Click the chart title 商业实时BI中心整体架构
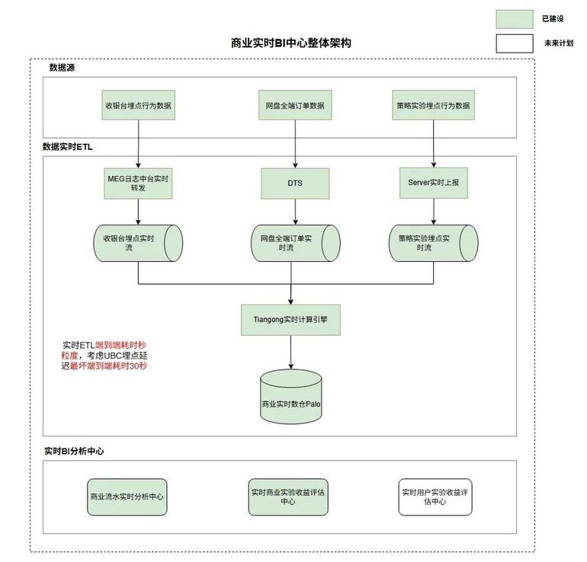click(291, 43)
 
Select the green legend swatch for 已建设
click(515, 19)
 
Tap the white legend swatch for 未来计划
click(515, 43)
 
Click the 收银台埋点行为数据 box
click(139, 105)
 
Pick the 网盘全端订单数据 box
click(295, 105)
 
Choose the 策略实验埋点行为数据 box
click(434, 105)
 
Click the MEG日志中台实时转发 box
click(138, 184)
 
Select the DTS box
click(295, 184)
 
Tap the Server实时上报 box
click(434, 183)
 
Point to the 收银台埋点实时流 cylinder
click(138, 243)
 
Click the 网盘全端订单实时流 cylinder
click(295, 243)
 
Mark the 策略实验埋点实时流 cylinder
click(434, 243)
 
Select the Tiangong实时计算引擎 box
click(290, 320)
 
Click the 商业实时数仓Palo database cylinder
click(291, 397)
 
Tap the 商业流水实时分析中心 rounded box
click(127, 497)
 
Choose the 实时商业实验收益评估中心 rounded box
click(288, 497)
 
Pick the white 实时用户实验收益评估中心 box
click(435, 497)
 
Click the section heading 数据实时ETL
click(67, 147)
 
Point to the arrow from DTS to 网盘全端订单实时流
click(295, 212)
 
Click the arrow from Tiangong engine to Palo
click(291, 352)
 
